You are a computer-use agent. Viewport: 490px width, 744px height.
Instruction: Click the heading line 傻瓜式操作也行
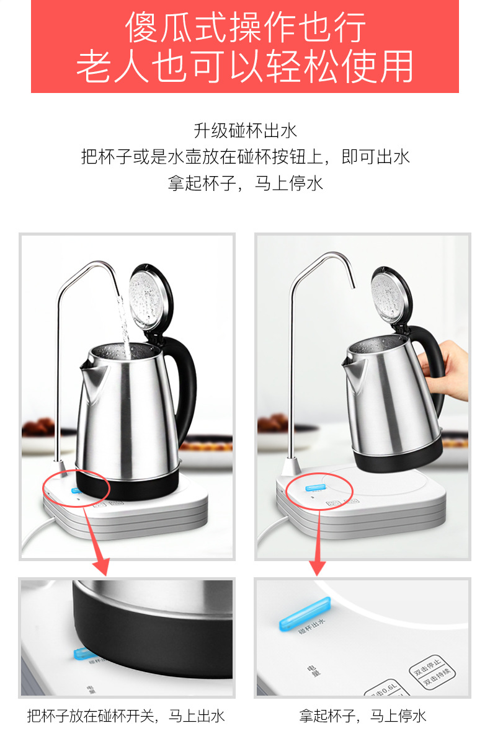(x=245, y=27)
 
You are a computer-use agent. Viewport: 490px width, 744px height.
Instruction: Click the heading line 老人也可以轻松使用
(x=245, y=67)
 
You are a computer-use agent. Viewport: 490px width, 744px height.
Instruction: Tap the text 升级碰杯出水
(x=245, y=131)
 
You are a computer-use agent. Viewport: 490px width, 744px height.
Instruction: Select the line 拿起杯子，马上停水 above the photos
(x=245, y=184)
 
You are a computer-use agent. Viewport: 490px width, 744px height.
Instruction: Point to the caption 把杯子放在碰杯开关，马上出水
(x=126, y=716)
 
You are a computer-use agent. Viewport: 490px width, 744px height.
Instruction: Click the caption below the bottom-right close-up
(x=363, y=716)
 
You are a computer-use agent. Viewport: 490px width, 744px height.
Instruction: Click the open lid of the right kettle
(x=391, y=294)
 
